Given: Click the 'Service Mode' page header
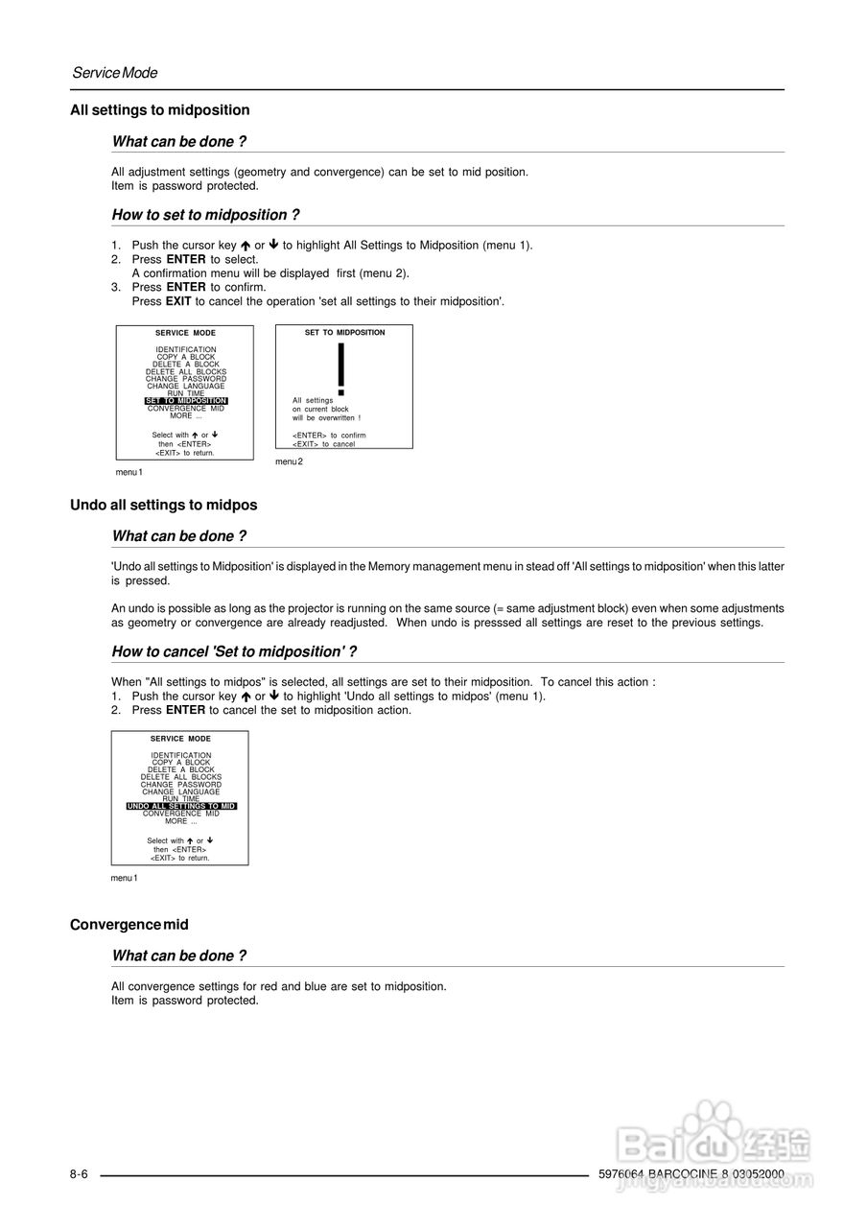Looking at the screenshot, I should (x=115, y=73).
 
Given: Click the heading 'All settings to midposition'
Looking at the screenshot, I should (x=160, y=110).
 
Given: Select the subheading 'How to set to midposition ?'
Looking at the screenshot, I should (x=205, y=215).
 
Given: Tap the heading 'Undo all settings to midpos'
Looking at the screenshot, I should (x=164, y=505).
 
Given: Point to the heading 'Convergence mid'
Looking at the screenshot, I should (x=129, y=925).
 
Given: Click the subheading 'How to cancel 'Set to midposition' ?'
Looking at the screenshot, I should (x=234, y=652).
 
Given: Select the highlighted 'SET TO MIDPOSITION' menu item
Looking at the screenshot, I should (x=186, y=401).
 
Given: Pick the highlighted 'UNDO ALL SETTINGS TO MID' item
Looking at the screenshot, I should (x=181, y=807).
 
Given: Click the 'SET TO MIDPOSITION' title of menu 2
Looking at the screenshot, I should (x=344, y=333).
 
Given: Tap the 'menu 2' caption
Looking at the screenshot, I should (x=289, y=462).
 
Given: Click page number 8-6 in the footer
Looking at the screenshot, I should (x=79, y=1175).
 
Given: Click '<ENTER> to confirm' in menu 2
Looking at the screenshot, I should (x=329, y=436).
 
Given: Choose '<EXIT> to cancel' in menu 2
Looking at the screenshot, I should (x=323, y=444).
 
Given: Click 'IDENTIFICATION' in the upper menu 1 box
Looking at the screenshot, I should (x=186, y=350).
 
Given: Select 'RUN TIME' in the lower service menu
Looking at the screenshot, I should (x=181, y=799).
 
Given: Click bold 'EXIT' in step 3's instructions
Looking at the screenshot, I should (x=179, y=301).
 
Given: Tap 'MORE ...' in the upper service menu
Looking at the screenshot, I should (x=186, y=416).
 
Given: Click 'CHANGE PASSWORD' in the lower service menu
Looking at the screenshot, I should (x=181, y=785).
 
